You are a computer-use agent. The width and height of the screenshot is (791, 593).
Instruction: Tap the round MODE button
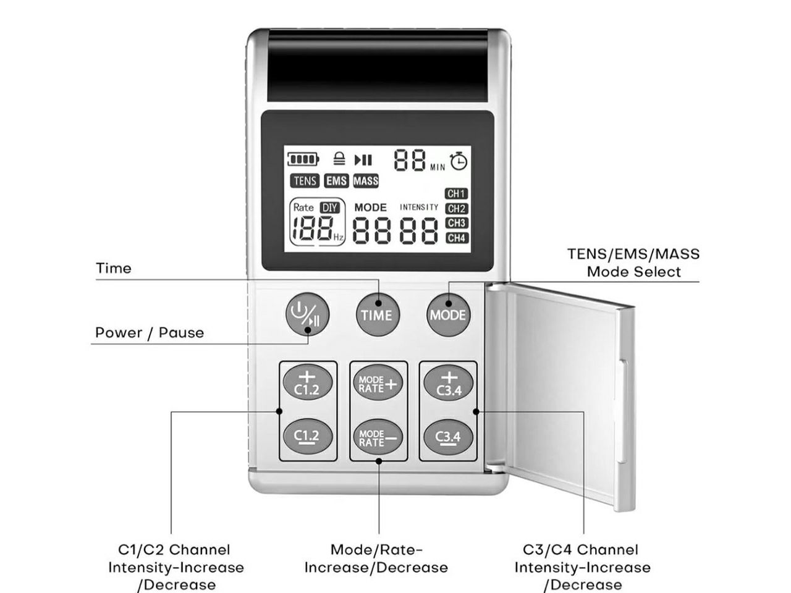(x=448, y=314)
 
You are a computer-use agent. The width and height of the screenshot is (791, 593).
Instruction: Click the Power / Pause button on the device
(x=307, y=314)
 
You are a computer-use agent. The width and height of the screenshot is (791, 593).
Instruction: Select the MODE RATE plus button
(x=378, y=384)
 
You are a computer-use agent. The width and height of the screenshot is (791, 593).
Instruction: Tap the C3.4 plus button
(x=449, y=384)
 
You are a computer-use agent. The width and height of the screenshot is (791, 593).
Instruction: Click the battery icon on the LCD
(x=303, y=160)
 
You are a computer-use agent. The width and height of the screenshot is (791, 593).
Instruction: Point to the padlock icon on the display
(x=339, y=159)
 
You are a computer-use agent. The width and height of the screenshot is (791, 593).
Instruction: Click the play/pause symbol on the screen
(x=363, y=160)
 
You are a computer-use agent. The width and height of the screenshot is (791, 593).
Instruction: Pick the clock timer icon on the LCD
(x=459, y=161)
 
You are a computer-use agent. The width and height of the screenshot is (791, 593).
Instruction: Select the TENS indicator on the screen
(x=305, y=181)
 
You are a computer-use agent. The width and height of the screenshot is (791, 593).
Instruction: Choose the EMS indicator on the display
(x=337, y=181)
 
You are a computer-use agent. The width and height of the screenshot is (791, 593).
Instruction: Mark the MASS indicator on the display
(x=366, y=181)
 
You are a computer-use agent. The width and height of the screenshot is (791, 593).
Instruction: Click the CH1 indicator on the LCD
(x=457, y=194)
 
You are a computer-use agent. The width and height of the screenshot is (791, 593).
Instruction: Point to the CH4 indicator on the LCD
(x=457, y=238)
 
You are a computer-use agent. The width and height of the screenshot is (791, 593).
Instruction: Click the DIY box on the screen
(x=331, y=208)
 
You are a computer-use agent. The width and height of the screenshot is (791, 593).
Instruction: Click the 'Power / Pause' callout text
(x=150, y=333)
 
